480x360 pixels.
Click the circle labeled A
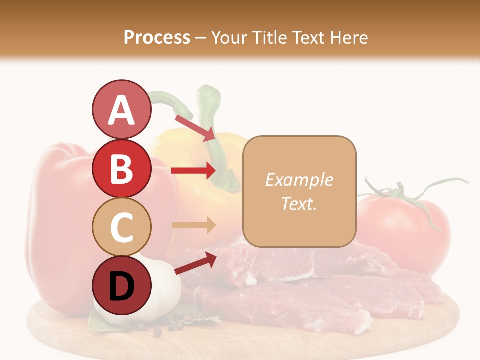121,109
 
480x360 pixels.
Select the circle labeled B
121,169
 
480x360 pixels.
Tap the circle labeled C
121,227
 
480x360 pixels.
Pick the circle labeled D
121,285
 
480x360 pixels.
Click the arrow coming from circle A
194,128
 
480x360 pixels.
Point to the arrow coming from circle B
193,170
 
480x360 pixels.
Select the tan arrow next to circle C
193,225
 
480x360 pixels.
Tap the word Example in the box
299,180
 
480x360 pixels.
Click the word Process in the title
157,37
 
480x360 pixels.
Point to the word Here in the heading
349,37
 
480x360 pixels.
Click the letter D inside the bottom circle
121,286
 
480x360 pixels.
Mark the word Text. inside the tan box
299,204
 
